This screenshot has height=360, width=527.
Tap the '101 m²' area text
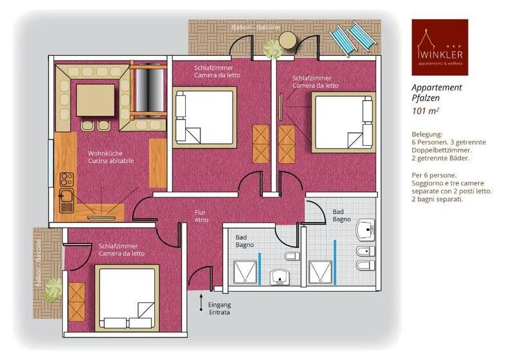(x=426, y=111)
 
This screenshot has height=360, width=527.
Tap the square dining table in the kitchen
(x=95, y=100)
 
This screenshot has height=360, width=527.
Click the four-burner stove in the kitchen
(x=67, y=179)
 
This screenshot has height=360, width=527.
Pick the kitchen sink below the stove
(x=67, y=201)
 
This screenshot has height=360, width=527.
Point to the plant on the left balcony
(x=51, y=292)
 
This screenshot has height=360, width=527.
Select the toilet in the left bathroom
(x=291, y=257)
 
